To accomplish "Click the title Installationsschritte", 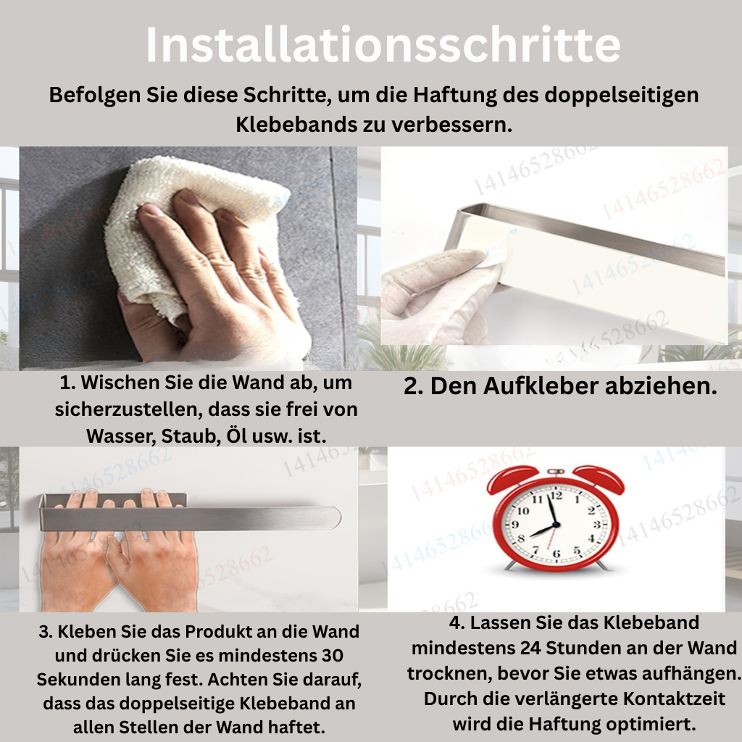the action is click(383, 44).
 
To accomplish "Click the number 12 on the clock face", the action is click(556, 496).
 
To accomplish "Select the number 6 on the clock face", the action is click(556, 554).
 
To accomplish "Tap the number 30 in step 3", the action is click(332, 655).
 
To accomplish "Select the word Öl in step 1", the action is click(236, 435).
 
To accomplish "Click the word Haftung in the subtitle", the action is click(455, 95).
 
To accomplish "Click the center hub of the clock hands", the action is click(556, 525).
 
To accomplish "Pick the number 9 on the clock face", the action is click(515, 525).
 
